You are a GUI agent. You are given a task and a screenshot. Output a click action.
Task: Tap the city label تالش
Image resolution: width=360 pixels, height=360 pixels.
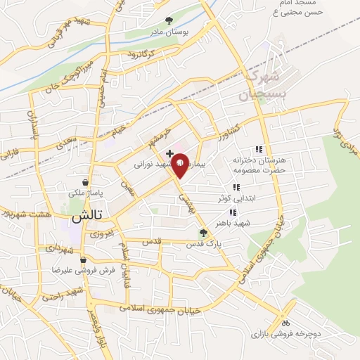(x=85, y=217)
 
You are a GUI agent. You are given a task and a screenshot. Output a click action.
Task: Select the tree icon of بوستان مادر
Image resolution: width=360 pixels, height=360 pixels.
(x=168, y=21)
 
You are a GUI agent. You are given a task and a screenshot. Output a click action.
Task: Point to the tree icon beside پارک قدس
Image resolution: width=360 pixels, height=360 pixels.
(x=204, y=233)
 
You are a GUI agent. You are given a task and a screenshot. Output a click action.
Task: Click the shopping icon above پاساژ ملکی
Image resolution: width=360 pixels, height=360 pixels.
(x=86, y=181)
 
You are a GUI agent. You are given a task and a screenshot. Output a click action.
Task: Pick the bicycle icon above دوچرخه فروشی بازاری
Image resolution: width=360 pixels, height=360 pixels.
(x=285, y=322)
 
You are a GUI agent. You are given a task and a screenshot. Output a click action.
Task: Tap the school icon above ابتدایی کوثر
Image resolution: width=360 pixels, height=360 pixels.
(x=236, y=186)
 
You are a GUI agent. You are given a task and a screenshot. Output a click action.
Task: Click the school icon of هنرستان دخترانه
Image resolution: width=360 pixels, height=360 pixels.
(x=258, y=149)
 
